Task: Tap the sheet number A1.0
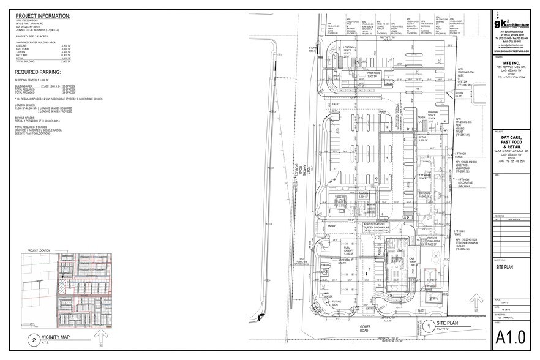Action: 511,337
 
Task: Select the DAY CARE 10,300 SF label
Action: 427,195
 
